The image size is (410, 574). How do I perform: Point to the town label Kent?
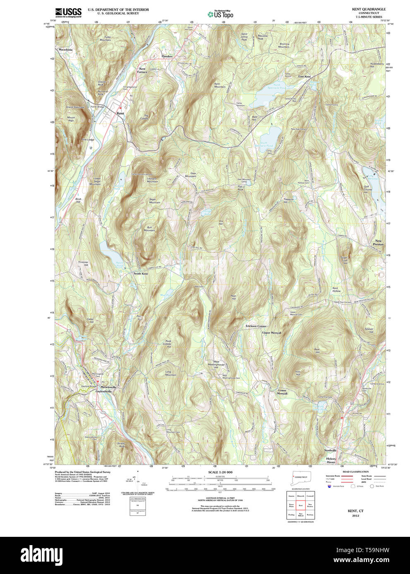[x=120, y=113]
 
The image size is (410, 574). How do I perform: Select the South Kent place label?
[x=140, y=274]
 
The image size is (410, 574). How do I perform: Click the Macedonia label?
[x=65, y=50]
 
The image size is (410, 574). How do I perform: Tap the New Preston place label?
[x=378, y=242]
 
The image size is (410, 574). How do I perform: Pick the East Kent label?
[x=304, y=77]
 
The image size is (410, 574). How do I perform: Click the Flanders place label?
[x=167, y=56]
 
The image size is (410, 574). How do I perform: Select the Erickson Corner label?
[x=256, y=326]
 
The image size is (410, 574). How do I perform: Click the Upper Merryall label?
[x=271, y=332]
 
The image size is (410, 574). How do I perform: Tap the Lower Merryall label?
[x=282, y=392]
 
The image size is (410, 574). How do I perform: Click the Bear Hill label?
[x=317, y=351]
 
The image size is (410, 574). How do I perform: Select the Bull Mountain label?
[x=149, y=229]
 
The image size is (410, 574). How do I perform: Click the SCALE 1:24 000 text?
[x=220, y=472]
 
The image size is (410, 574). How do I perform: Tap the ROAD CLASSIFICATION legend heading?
[x=355, y=472]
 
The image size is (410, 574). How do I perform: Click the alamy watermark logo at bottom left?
[x=41, y=555]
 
